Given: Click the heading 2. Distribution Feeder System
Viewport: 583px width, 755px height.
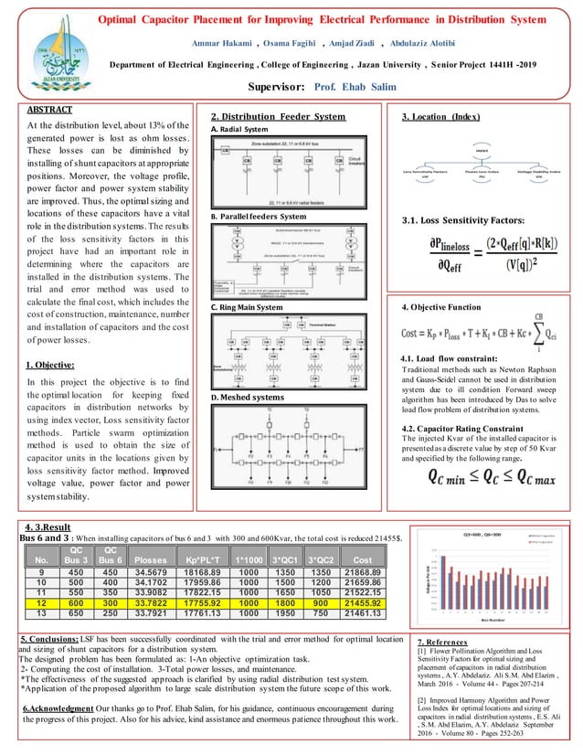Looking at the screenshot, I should (278, 117).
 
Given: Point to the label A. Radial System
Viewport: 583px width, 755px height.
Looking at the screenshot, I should (242, 129).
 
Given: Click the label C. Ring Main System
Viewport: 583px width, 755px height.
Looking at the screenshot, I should (247, 308).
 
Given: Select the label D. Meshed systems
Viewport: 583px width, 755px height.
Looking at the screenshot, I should (245, 398).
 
